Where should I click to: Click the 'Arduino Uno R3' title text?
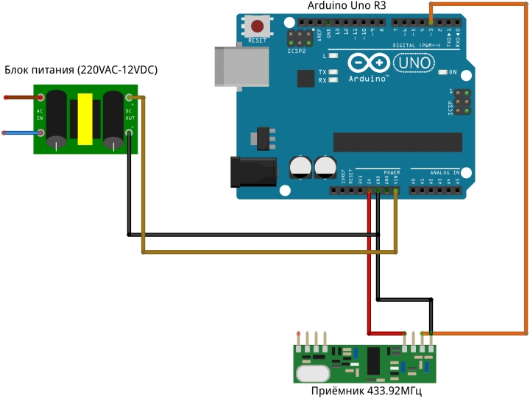[346, 7]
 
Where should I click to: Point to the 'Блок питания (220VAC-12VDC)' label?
[81, 70]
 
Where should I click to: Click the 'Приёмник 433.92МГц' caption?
[367, 391]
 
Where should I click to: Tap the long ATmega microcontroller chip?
[397, 142]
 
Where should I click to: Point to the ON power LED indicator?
[443, 72]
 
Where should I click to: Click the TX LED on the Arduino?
[334, 72]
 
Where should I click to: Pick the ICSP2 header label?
[297, 52]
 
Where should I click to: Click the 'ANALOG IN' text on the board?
[445, 172]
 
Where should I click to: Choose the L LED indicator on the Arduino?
[334, 56]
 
